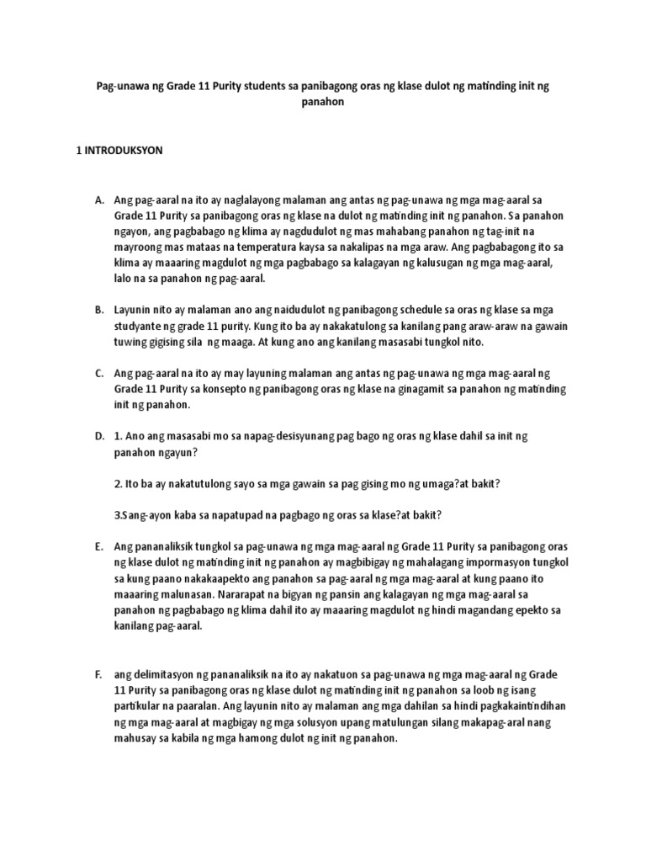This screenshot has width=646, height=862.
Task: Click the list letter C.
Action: [99, 372]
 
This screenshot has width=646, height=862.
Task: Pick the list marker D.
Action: [99, 435]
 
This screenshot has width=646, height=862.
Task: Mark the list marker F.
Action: [99, 675]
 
